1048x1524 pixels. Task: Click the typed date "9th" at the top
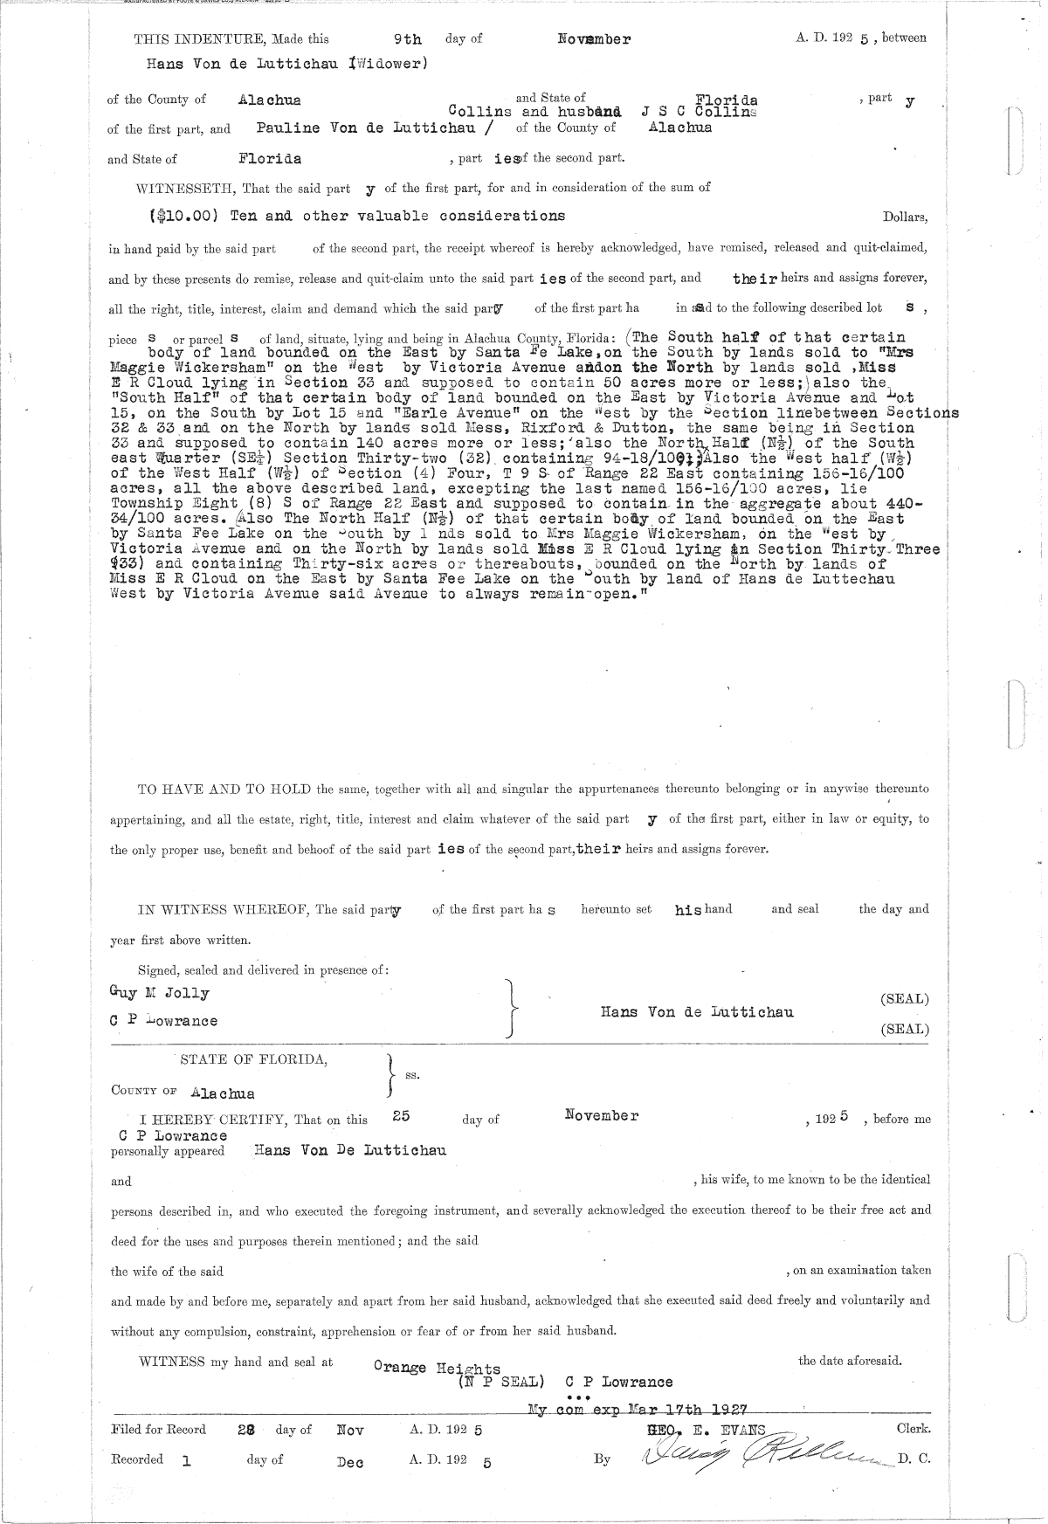[x=408, y=39]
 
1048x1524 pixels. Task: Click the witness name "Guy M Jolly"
[x=160, y=993]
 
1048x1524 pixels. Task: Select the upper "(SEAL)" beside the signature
[x=905, y=999]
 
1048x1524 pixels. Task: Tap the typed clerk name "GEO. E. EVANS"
[x=705, y=1429]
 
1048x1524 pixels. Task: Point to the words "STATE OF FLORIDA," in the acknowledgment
[x=254, y=1059]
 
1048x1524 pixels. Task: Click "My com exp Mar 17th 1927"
[x=643, y=1409]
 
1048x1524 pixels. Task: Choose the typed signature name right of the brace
[x=697, y=1012]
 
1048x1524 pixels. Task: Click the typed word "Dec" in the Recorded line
[x=349, y=1461]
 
